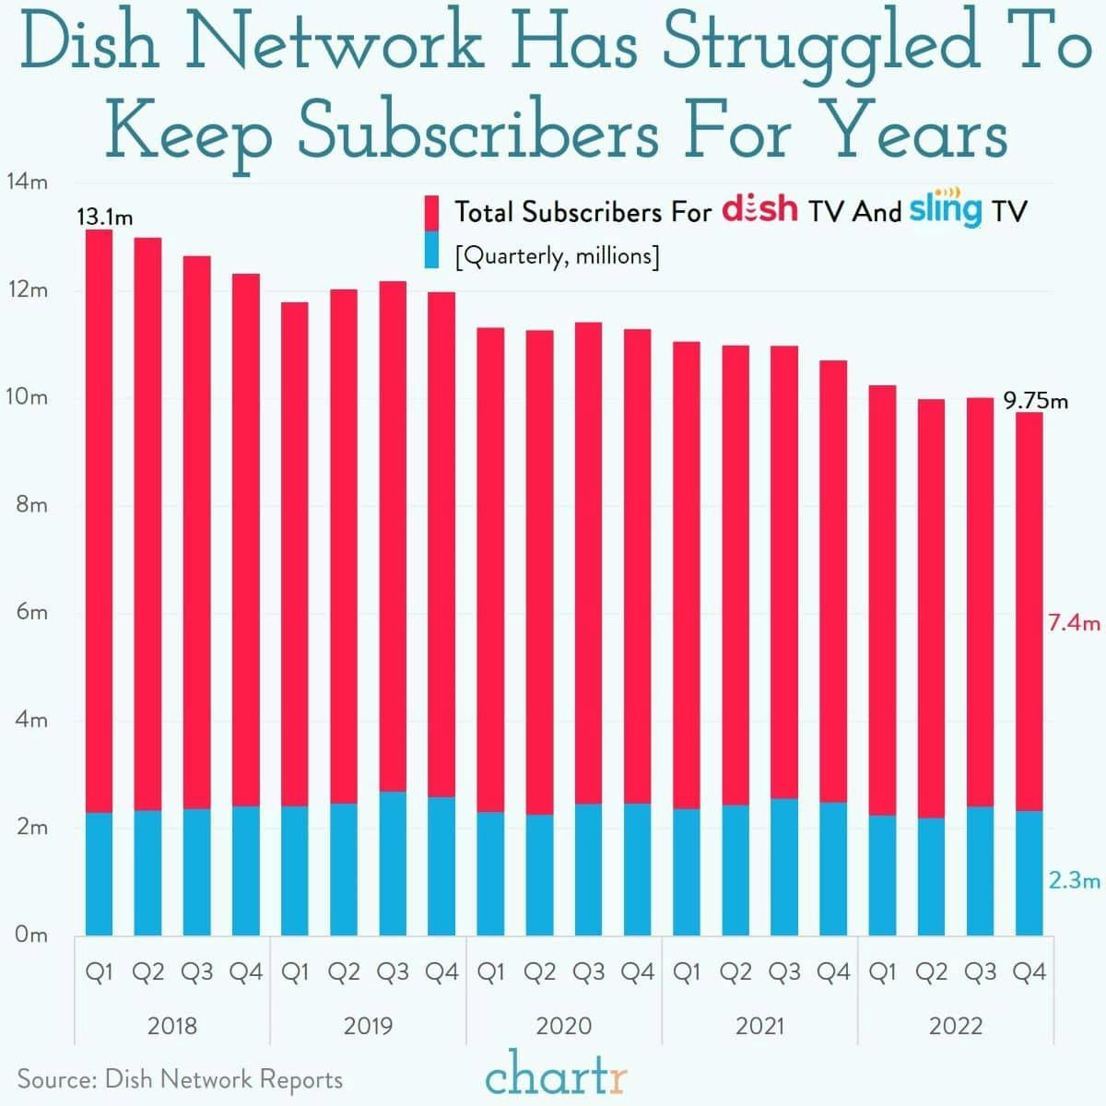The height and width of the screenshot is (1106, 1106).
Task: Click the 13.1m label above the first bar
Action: pyautogui.click(x=104, y=218)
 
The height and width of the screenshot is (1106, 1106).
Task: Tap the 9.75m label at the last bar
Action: pyautogui.click(x=1036, y=401)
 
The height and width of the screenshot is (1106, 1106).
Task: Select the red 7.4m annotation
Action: pyautogui.click(x=1074, y=623)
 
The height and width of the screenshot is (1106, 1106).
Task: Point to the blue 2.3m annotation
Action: pyautogui.click(x=1074, y=880)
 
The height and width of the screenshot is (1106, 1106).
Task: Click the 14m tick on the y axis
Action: pyautogui.click(x=27, y=182)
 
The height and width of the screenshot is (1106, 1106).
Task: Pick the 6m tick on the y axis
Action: pyautogui.click(x=31, y=612)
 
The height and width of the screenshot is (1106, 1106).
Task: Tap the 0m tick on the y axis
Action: pyautogui.click(x=31, y=935)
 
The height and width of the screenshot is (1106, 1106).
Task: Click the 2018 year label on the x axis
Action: pyautogui.click(x=172, y=1026)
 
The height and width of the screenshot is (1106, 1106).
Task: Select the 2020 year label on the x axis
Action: pyautogui.click(x=564, y=1026)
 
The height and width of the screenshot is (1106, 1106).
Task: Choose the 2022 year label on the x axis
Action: pyautogui.click(x=956, y=1026)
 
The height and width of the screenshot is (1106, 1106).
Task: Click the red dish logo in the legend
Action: pyautogui.click(x=759, y=209)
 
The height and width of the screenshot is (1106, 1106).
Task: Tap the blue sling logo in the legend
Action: pyautogui.click(x=946, y=209)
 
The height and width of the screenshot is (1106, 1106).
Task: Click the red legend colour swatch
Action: pyautogui.click(x=431, y=211)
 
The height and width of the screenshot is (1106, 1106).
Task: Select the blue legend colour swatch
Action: pyautogui.click(x=431, y=251)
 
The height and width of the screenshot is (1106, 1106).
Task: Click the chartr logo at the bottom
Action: pyautogui.click(x=557, y=1077)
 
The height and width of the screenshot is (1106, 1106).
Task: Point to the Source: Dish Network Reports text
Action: pyautogui.click(x=180, y=1079)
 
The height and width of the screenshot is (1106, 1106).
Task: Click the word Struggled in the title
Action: pyautogui.click(x=820, y=46)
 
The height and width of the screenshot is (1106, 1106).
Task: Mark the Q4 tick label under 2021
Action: pyautogui.click(x=833, y=971)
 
